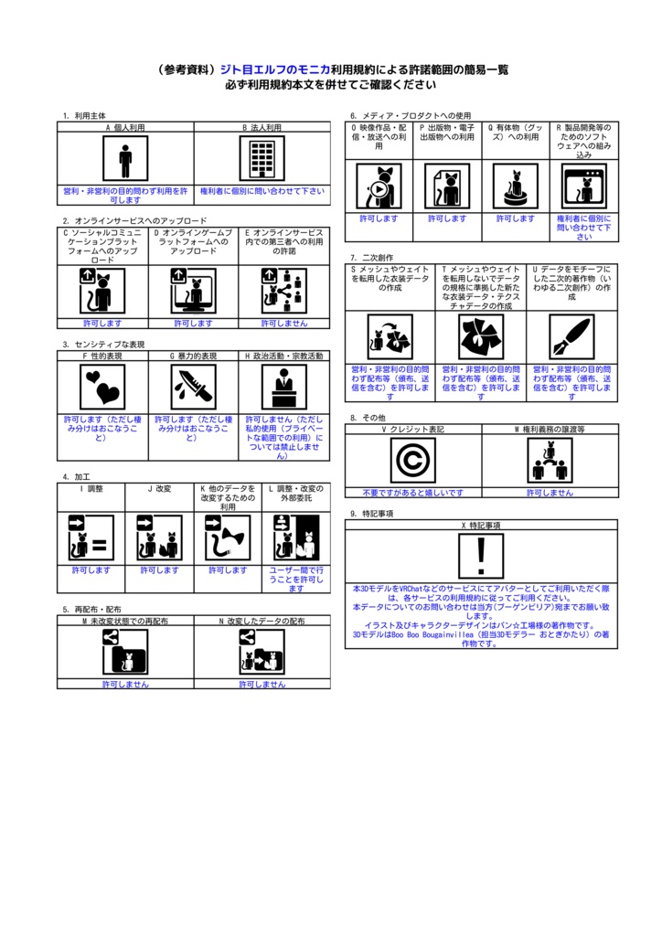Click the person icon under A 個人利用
click(125, 160)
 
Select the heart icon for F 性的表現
click(101, 387)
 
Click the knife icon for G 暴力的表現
click(193, 387)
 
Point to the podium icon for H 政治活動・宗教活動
click(284, 387)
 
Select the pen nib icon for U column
click(571, 337)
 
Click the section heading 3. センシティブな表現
click(103, 344)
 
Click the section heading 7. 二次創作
click(371, 258)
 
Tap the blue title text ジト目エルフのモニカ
click(274, 69)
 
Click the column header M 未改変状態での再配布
click(125, 621)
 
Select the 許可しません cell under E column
click(284, 323)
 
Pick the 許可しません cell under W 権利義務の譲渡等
click(550, 492)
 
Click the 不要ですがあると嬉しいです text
click(412, 492)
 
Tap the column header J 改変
click(159, 489)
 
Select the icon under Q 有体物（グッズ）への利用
click(516, 186)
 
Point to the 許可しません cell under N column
click(262, 684)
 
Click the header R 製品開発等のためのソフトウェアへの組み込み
click(584, 141)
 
